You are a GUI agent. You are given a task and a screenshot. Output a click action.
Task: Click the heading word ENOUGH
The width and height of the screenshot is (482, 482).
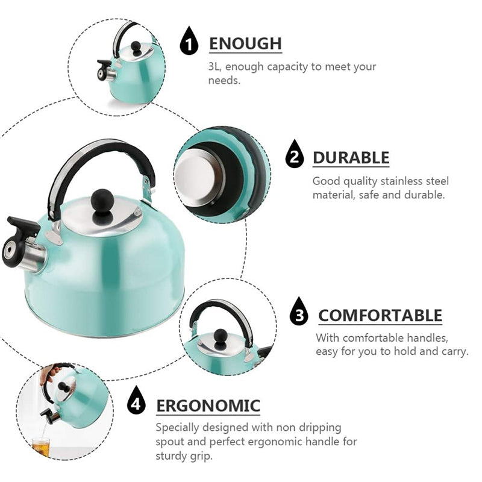245,44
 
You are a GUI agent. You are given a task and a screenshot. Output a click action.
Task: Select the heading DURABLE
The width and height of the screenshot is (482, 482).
351,158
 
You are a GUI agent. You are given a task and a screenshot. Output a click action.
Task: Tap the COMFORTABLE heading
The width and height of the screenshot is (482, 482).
380,315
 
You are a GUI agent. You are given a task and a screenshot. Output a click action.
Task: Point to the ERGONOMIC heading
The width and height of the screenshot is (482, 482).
208,405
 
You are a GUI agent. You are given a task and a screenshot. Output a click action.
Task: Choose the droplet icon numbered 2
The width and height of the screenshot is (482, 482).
294,157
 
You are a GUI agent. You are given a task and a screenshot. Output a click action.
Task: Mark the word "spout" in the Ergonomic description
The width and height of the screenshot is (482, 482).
171,442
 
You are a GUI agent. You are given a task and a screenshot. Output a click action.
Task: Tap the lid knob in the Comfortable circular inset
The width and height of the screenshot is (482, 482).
221,336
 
